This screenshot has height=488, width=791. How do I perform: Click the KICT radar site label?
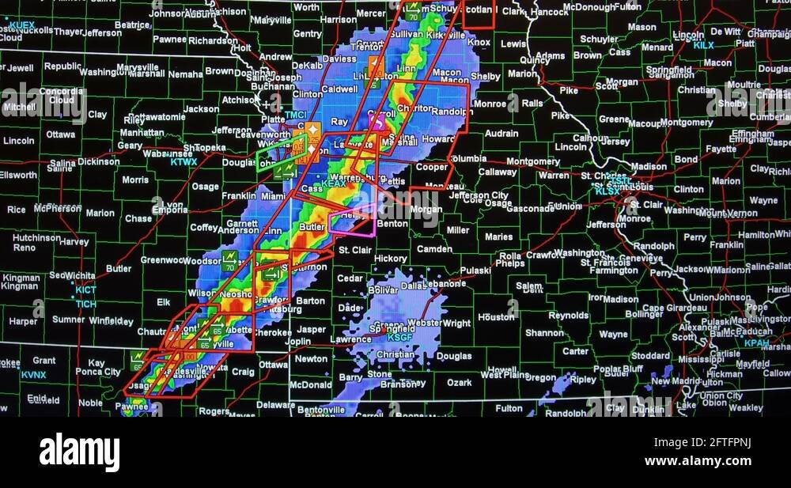click(x=85, y=290)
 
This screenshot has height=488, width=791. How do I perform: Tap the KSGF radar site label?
click(x=399, y=337)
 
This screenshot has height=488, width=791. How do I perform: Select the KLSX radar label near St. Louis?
click(x=607, y=191)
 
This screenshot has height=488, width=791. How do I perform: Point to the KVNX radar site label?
click(x=33, y=374)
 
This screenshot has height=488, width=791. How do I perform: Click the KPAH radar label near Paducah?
click(x=756, y=342)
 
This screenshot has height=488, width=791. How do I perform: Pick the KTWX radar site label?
click(x=184, y=162)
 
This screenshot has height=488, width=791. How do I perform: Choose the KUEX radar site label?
click(x=21, y=25)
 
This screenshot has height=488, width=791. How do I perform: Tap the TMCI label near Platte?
click(x=295, y=115)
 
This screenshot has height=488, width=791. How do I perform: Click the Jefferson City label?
click(x=479, y=195)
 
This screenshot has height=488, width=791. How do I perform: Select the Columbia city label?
click(x=468, y=158)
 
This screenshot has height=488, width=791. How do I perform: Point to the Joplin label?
click(x=298, y=342)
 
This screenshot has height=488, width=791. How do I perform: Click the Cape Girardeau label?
click(x=653, y=308)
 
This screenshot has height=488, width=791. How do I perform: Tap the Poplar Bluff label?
click(x=618, y=369)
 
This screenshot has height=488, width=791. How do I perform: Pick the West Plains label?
click(x=504, y=375)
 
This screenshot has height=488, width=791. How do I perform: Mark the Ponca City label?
click(x=98, y=372)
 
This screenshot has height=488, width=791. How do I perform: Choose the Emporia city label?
click(x=170, y=210)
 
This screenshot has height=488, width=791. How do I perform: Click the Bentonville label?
click(x=320, y=410)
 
